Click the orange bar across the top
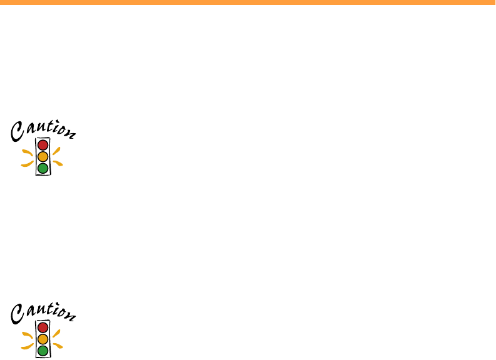(x=248, y=2)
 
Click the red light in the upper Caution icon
(x=43, y=145)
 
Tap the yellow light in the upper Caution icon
(x=43, y=156)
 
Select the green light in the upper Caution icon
(x=43, y=167)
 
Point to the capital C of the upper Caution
(x=17, y=131)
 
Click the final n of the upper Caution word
(x=70, y=133)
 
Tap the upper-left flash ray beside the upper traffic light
(x=27, y=152)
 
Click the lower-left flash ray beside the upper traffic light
(x=27, y=164)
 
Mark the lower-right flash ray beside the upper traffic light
(x=58, y=164)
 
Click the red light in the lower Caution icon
(x=43, y=327)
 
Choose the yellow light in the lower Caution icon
(x=43, y=339)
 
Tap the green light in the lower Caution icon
(x=43, y=350)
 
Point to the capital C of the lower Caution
(x=17, y=314)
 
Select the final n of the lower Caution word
(x=70, y=316)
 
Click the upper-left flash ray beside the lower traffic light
(x=27, y=334)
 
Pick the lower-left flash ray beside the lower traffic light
(x=27, y=347)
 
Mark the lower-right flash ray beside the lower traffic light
(x=58, y=346)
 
